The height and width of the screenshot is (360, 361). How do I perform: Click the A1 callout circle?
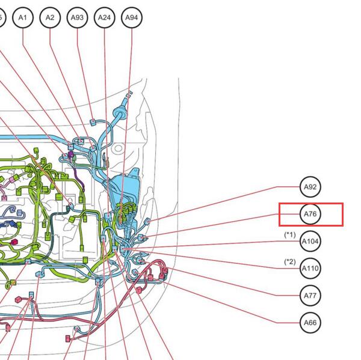pos(23,17)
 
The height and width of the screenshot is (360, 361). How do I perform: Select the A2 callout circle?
pos(50,17)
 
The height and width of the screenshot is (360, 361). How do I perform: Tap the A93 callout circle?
pos(77,17)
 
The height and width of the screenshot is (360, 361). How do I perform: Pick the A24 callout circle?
pos(104,17)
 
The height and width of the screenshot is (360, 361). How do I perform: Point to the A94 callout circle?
pos(131,17)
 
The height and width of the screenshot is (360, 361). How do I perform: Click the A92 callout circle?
pos(310,187)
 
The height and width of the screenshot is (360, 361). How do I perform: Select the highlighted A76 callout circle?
pos(310,214)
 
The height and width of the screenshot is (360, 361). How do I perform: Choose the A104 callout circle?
pos(310,242)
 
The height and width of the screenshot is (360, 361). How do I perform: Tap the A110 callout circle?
pos(310,268)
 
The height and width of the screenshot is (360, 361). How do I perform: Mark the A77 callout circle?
pos(310,295)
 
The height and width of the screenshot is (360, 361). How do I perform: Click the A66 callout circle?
pos(310,323)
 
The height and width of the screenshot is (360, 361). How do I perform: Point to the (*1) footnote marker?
pos(290,235)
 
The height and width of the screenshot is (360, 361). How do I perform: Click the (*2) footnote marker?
pos(290,262)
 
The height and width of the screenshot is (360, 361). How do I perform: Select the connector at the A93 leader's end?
pos(93,122)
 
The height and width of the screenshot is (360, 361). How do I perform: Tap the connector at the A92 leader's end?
pos(147,222)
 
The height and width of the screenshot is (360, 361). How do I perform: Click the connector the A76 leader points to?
pos(141,237)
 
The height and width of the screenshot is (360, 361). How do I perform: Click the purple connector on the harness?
pos(71,154)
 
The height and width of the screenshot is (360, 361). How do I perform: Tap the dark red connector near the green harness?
pos(14,242)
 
